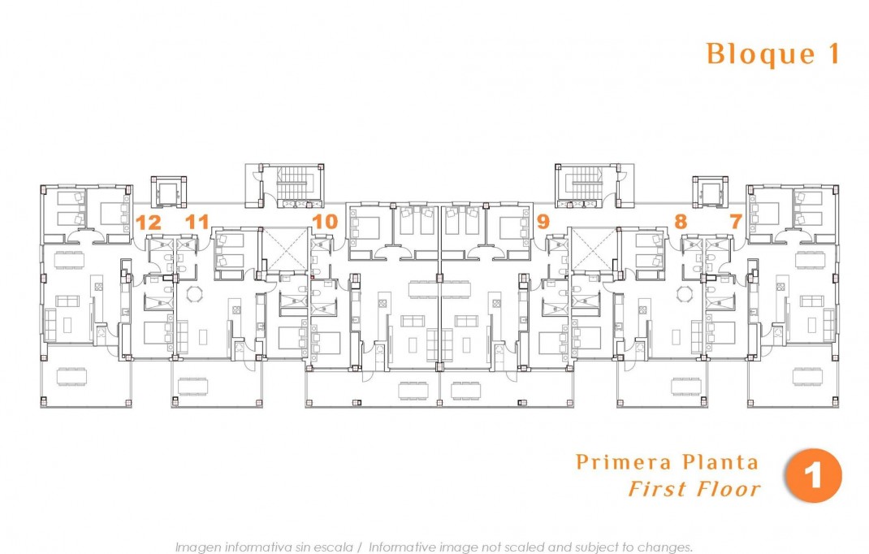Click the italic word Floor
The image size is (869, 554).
(x=728, y=489)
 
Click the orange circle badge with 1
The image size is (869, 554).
(x=813, y=475)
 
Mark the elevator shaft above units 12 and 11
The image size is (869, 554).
(x=169, y=193)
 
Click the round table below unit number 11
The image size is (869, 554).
(x=195, y=294)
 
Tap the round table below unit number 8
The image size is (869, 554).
(x=685, y=294)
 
